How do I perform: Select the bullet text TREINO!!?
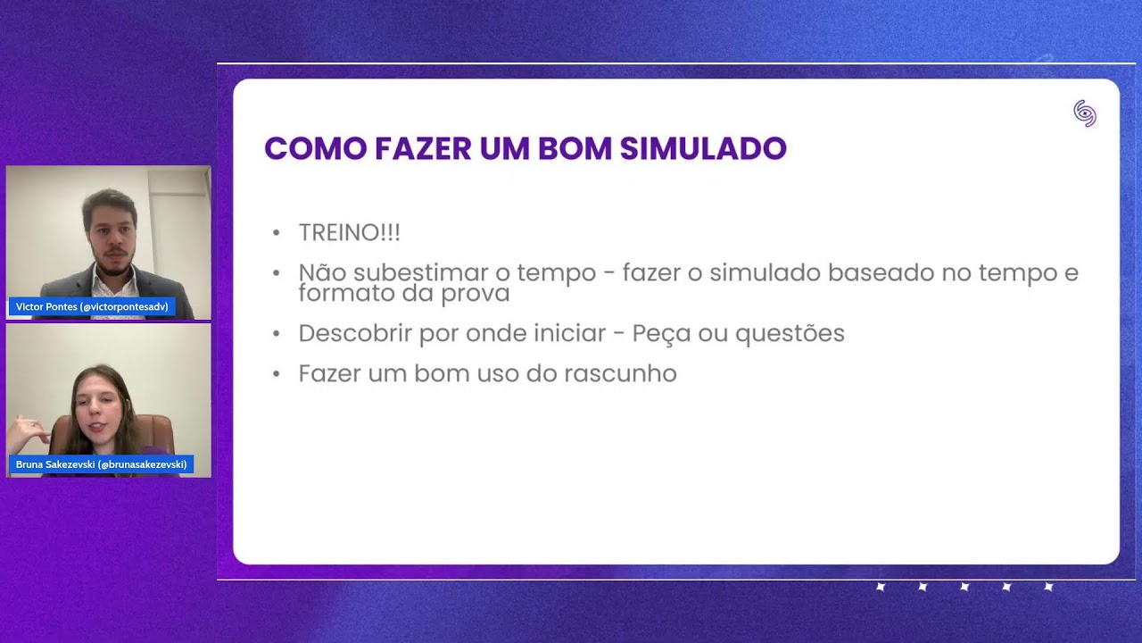[349, 233]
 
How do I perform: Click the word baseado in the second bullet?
[881, 272]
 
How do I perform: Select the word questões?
[789, 333]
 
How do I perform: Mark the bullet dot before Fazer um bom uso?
[277, 374]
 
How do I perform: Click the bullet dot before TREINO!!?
[277, 234]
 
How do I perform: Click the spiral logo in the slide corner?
[1084, 113]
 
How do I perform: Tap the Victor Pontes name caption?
[92, 307]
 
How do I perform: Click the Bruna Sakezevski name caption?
[101, 464]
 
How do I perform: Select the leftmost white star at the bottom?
[880, 587]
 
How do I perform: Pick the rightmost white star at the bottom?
[1048, 587]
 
